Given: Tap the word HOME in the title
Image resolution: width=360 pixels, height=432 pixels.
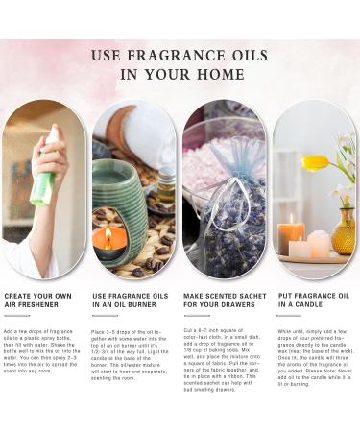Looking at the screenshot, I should [220, 74].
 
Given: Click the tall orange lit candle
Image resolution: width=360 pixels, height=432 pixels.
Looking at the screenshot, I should [291, 232].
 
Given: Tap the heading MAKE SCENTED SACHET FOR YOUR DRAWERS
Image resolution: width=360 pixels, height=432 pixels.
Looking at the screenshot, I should [220, 299].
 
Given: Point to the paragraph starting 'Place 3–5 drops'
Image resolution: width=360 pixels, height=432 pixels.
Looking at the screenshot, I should [132, 354].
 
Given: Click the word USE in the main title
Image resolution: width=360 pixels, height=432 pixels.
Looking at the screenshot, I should [108, 55].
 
